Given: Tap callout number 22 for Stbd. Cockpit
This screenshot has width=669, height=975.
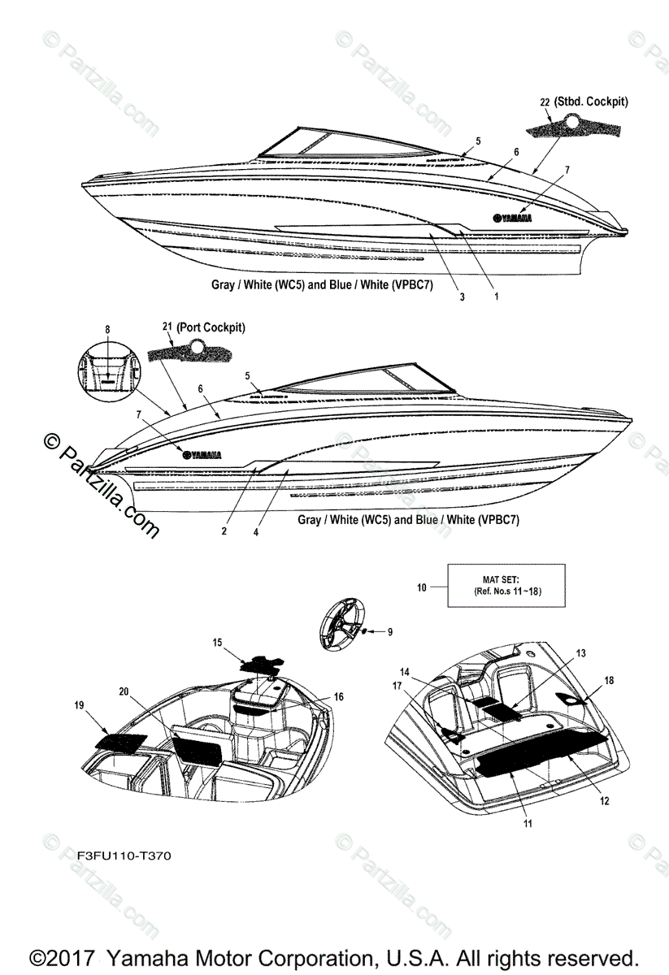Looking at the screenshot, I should coord(544,102).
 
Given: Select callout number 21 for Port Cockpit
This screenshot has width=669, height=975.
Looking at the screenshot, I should coord(166,327).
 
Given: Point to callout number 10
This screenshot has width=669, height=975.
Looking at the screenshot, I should coord(421,586).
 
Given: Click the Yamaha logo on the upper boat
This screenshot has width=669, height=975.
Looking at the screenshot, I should coord(512,217).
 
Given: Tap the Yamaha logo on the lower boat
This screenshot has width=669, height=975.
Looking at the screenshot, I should coord(202,454).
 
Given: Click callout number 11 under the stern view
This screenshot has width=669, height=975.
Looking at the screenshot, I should coord(527,824).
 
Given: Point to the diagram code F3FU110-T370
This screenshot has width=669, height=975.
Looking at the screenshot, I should coord(124,856).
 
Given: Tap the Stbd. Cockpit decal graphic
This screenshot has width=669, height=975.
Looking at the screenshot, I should coord(572,127).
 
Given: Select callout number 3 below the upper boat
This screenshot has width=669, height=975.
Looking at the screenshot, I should coord(462,297).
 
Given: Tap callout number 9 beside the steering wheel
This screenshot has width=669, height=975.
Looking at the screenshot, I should coord(389,631).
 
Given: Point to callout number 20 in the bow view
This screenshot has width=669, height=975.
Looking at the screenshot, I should coord(124,691).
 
